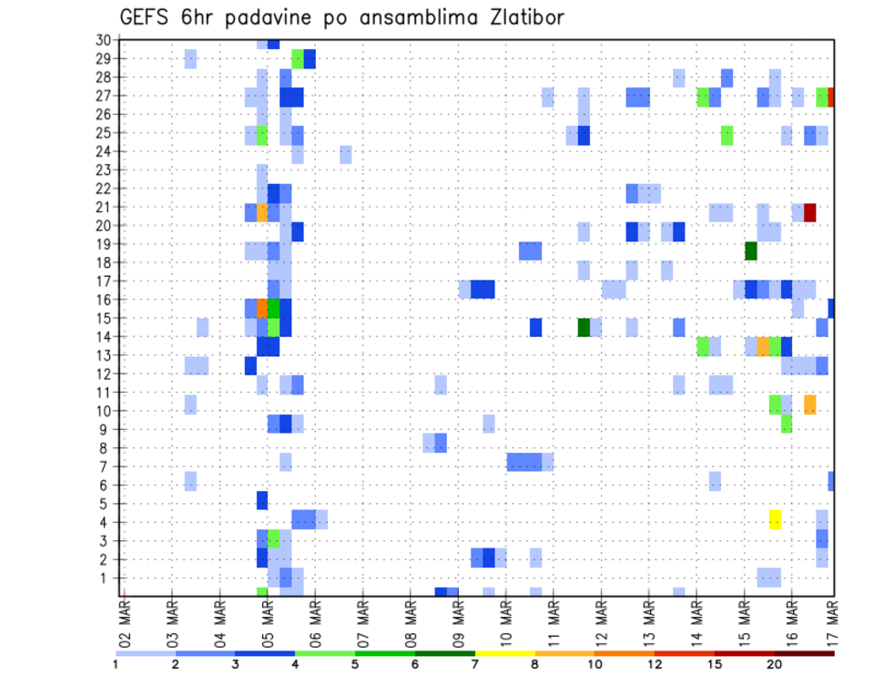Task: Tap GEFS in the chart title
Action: [146, 17]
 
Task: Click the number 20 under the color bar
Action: [775, 664]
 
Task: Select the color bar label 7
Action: [475, 664]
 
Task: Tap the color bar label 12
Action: [655, 664]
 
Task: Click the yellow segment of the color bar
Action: [504, 653]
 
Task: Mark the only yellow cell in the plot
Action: [775, 519]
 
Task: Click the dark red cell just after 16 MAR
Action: [809, 212]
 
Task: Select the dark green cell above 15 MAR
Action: [751, 251]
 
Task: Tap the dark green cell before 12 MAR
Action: [584, 326]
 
